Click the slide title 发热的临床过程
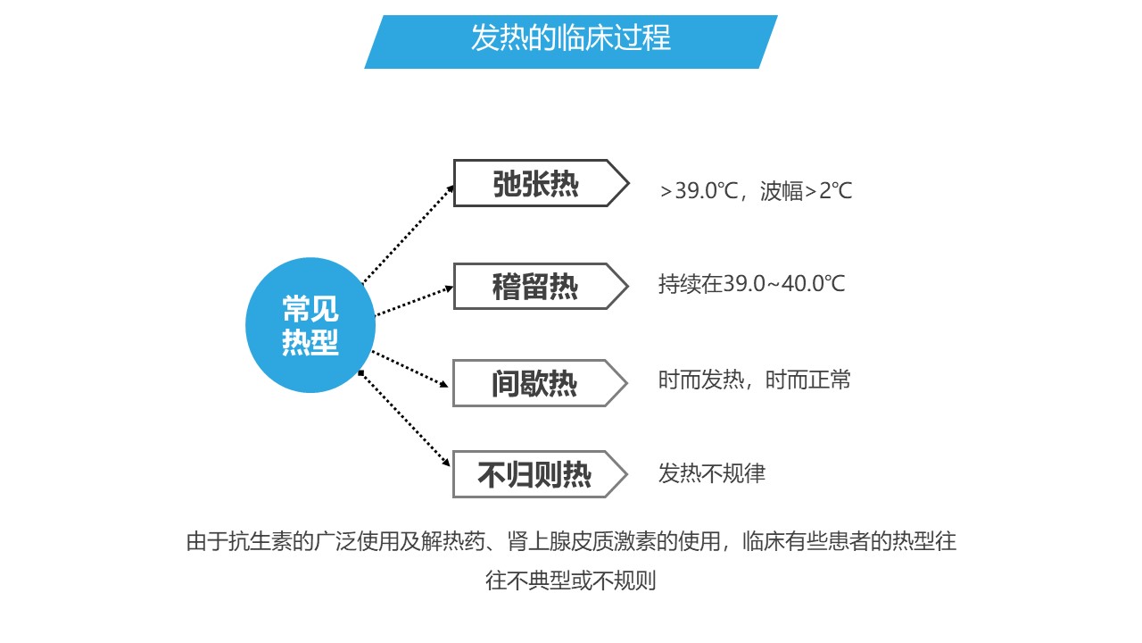tap(570, 38)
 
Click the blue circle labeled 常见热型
tap(310, 325)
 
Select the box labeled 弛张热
tap(542, 183)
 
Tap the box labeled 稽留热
tap(541, 287)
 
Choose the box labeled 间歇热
tap(541, 383)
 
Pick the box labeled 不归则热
tap(541, 474)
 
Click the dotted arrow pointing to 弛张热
tap(408, 234)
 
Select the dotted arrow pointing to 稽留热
tap(414, 301)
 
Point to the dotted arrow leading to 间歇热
tap(410, 369)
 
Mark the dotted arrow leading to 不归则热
tap(404, 419)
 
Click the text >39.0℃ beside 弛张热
tap(699, 191)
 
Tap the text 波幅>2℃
tap(806, 191)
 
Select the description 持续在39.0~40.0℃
tap(751, 284)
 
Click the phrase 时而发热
tap(701, 380)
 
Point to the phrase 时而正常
tap(808, 380)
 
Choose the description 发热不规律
tap(712, 473)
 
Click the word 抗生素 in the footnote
tap(261, 541)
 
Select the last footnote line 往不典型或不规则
tap(570, 580)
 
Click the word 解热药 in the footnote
tap(452, 541)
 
